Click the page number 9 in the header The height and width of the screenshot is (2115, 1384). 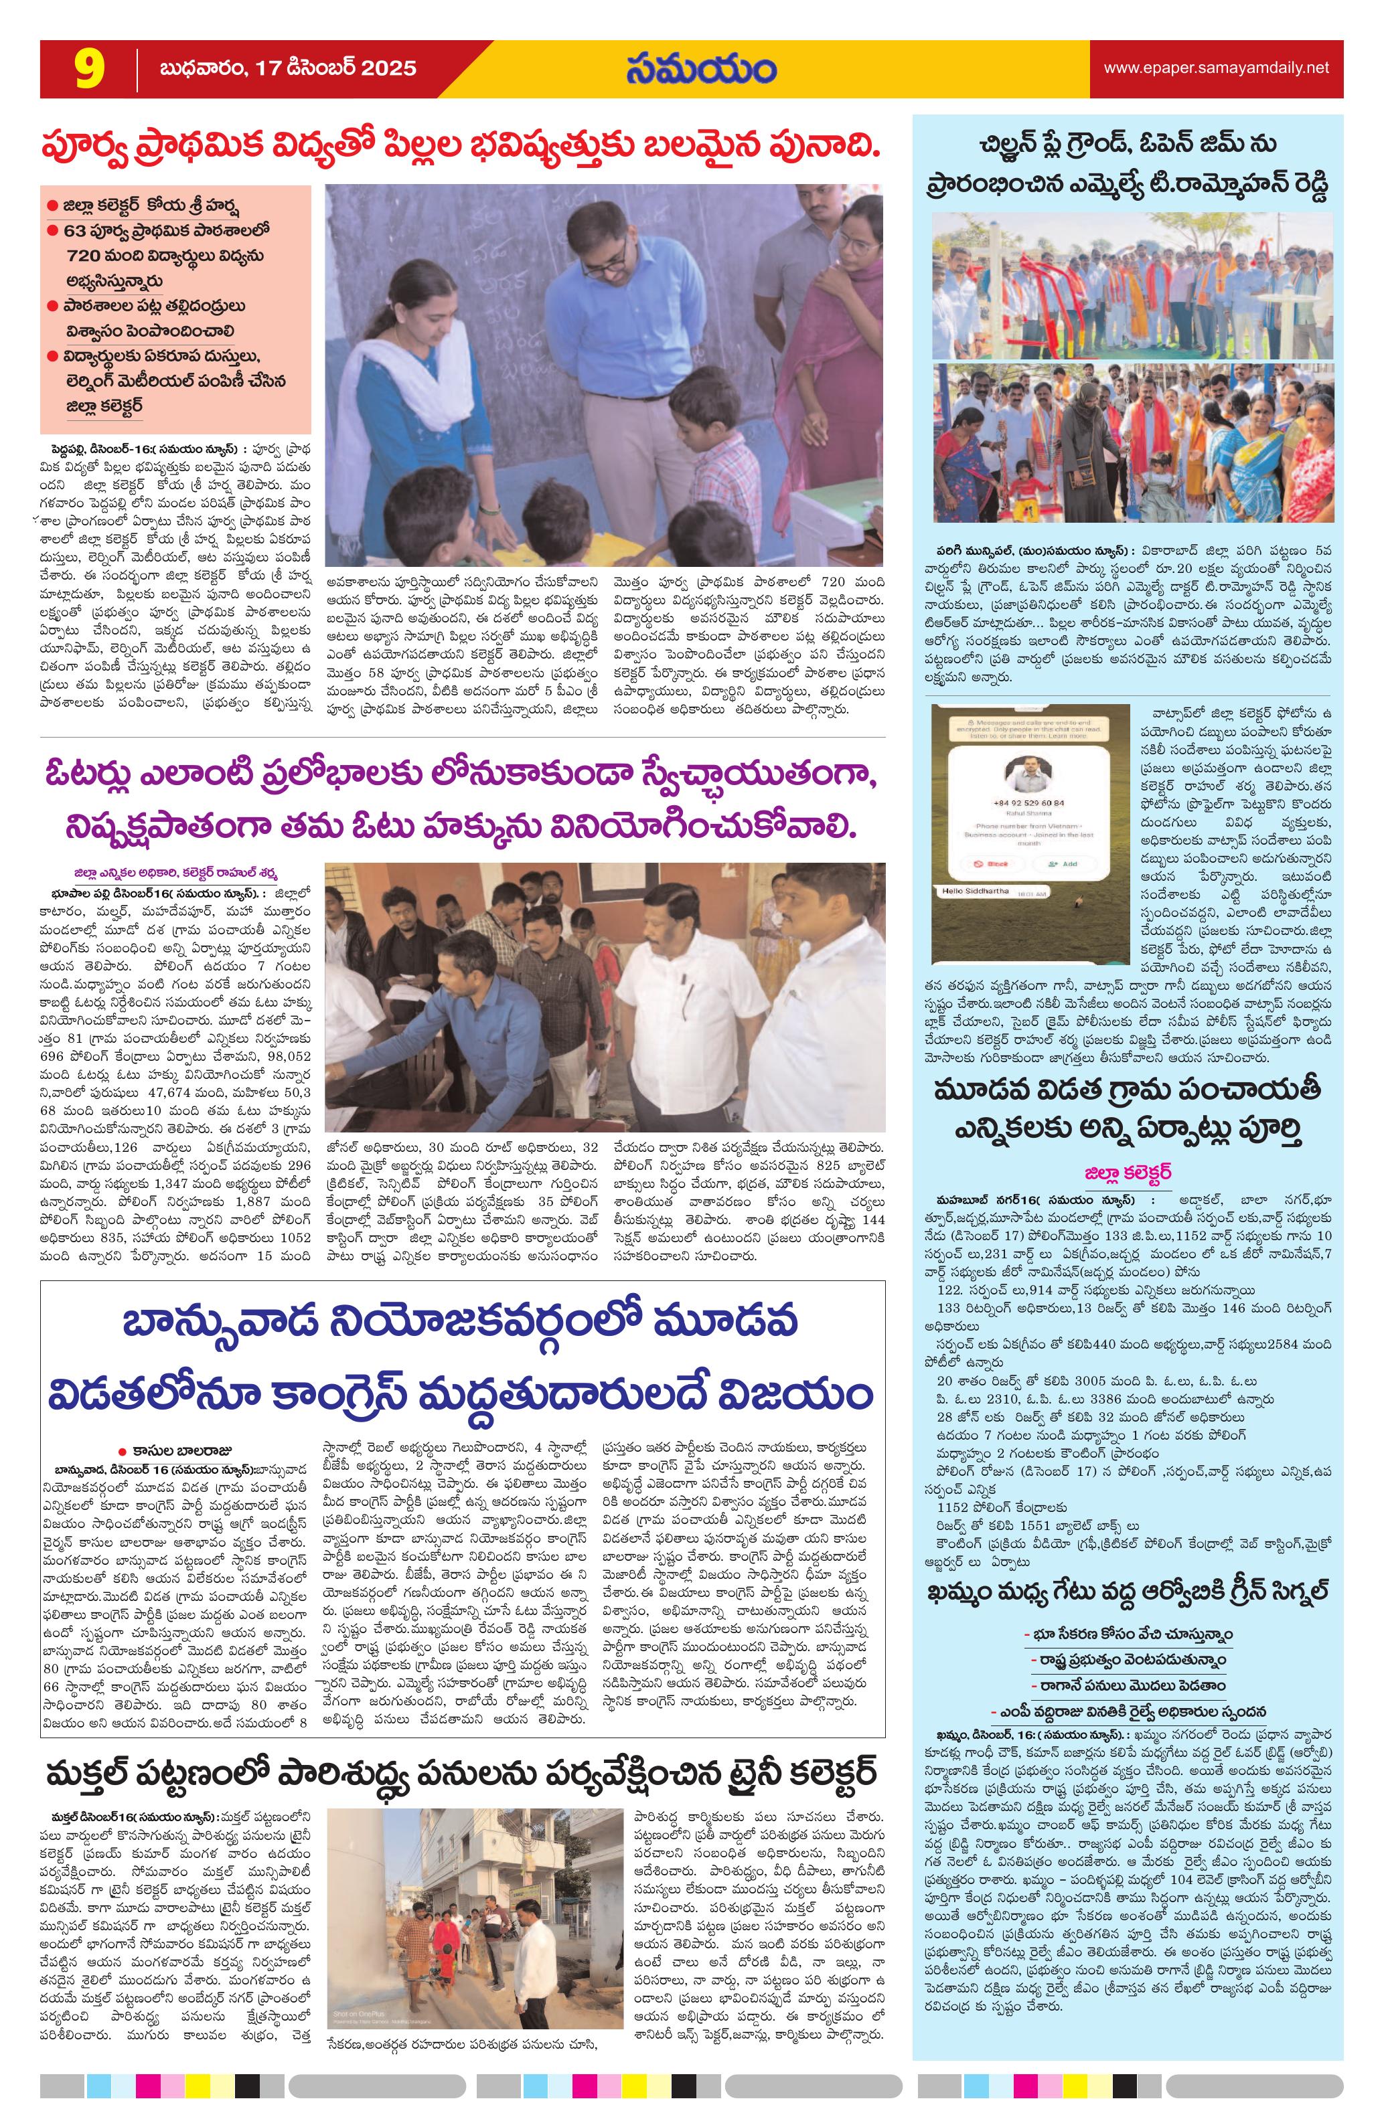pyautogui.click(x=90, y=70)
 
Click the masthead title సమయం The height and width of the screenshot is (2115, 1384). pyautogui.click(x=700, y=70)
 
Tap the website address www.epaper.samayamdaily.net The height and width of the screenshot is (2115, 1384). pyautogui.click(x=1216, y=68)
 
